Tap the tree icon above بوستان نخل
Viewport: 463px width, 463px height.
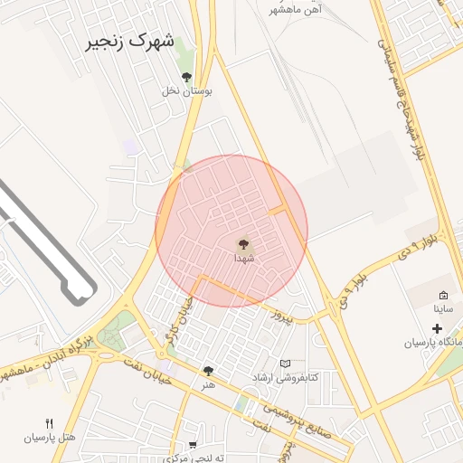187,77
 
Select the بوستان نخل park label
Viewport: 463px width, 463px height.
186,90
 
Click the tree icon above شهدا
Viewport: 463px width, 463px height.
243,242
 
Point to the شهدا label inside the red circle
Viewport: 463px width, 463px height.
244,257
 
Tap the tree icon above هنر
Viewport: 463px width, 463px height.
209,371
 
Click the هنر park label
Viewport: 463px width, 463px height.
209,384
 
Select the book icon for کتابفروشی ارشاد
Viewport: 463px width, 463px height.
286,364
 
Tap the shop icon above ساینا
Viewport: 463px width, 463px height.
443,296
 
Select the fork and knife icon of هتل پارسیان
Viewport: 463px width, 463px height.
50,423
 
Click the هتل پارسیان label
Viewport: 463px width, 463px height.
50,438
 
